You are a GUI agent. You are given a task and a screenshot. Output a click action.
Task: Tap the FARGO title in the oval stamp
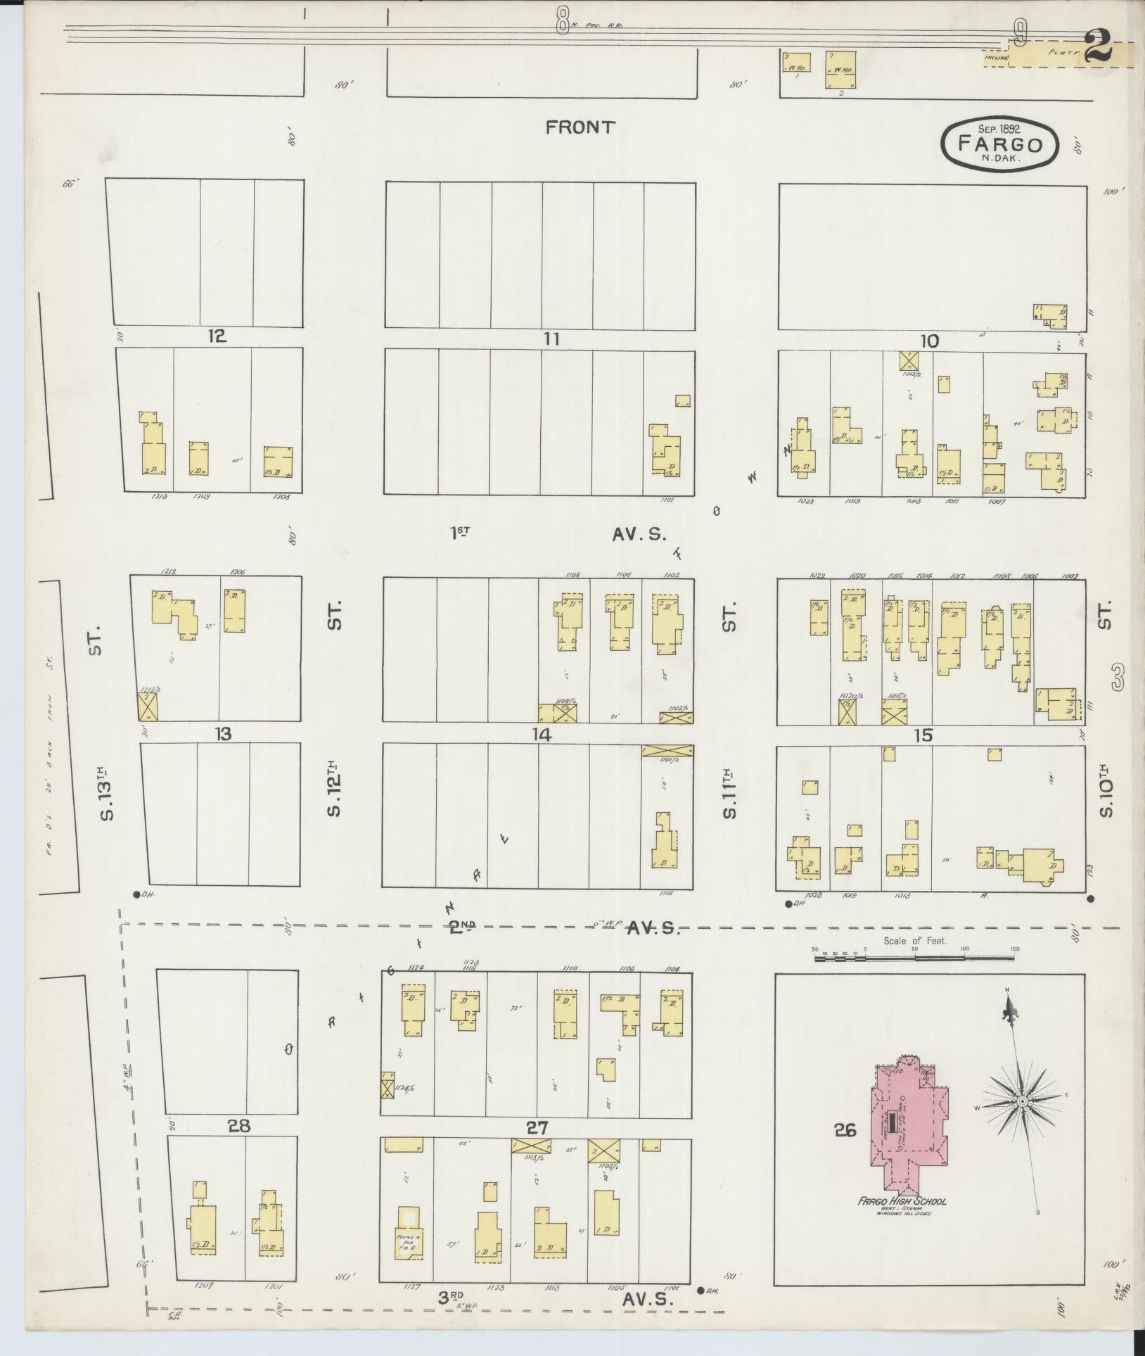tap(1000, 145)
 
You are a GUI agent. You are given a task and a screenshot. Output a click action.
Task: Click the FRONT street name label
tap(580, 127)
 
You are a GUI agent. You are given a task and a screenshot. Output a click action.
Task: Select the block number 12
tap(217, 336)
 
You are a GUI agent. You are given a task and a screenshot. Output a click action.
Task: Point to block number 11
tap(551, 339)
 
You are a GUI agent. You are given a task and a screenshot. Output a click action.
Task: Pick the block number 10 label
tap(929, 341)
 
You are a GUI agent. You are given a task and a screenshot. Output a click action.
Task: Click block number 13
tap(223, 734)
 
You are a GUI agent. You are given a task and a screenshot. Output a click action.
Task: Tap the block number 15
tap(923, 735)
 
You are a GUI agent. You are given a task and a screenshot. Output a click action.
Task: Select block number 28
tap(239, 1126)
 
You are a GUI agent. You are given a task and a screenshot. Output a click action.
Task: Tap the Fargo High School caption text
tap(901, 1201)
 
